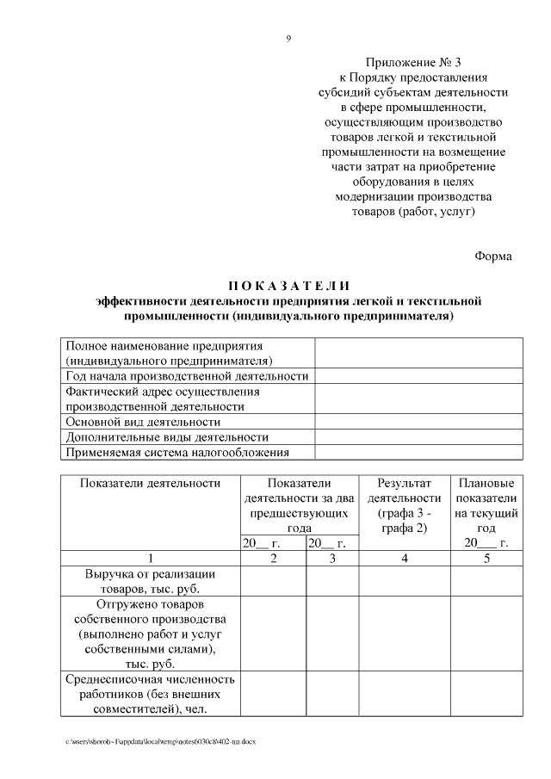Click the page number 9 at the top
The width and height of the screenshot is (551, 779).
[289, 38]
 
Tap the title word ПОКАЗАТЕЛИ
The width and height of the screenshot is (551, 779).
[289, 286]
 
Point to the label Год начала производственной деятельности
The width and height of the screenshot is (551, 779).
[187, 376]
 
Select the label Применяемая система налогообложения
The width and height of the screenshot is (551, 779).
[177, 452]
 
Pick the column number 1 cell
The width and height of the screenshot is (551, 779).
[151, 558]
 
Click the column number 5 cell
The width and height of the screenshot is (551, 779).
[486, 558]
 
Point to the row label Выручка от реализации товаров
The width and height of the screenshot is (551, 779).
[151, 581]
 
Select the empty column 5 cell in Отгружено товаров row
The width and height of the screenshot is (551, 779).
[486, 634]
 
